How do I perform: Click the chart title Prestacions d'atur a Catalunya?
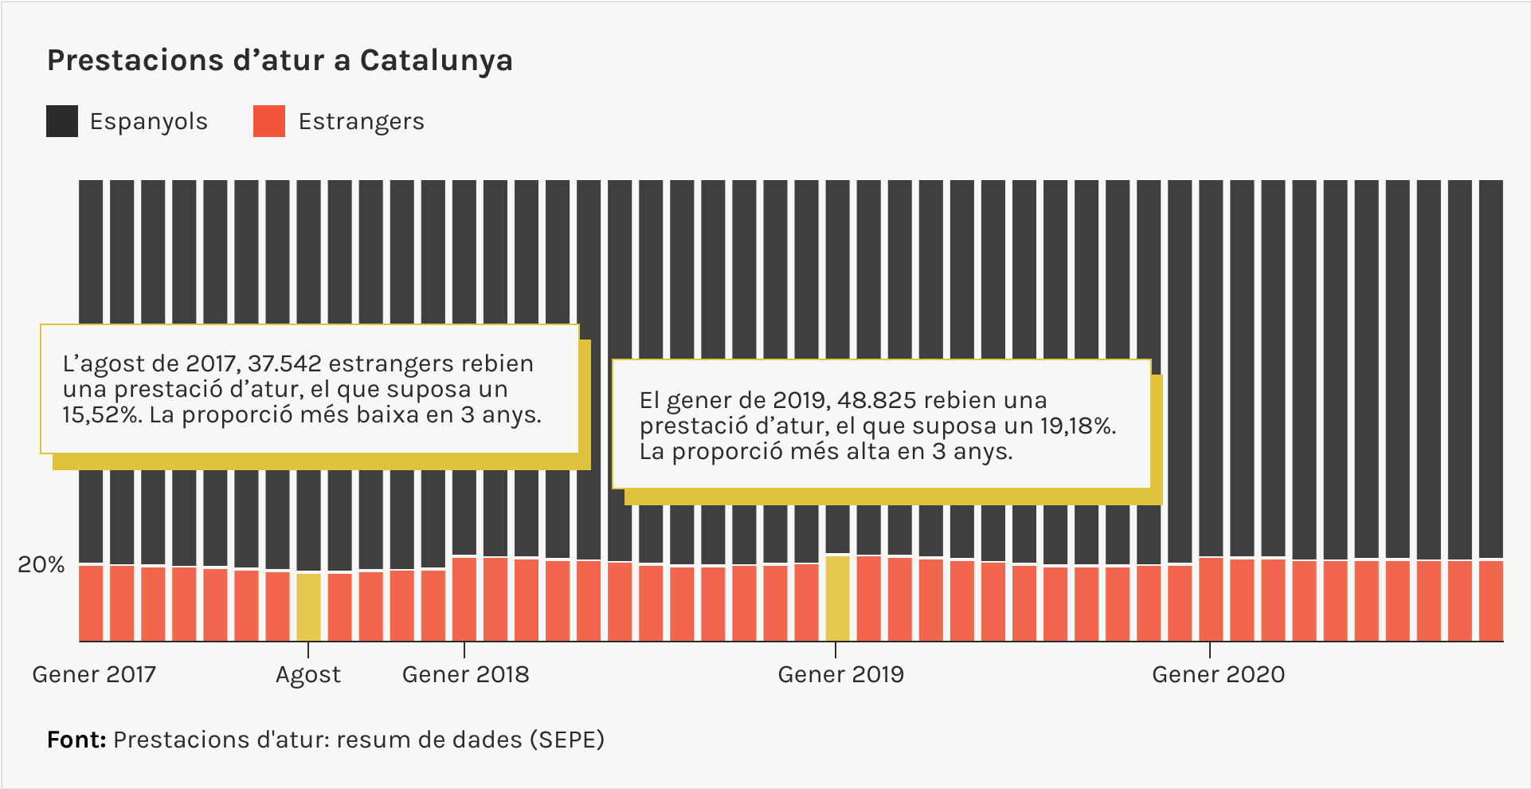coord(280,61)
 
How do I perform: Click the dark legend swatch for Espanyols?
coord(62,121)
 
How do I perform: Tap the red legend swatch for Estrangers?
coord(269,121)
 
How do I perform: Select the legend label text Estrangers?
coord(361,122)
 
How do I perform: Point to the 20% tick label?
coord(41,565)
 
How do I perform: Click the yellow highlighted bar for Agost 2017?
coord(308,606)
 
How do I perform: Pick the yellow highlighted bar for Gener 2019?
coord(837,598)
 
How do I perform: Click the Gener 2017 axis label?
coord(94,675)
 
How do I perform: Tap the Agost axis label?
coord(308,675)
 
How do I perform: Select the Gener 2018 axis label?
coord(465,675)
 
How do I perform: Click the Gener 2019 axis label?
coord(840,675)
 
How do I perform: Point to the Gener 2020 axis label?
coord(1218,675)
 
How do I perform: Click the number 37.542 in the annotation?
coord(284,364)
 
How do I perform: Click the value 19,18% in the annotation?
coord(1077,426)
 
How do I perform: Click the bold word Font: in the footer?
coord(76,740)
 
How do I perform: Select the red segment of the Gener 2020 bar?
coord(1211,599)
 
